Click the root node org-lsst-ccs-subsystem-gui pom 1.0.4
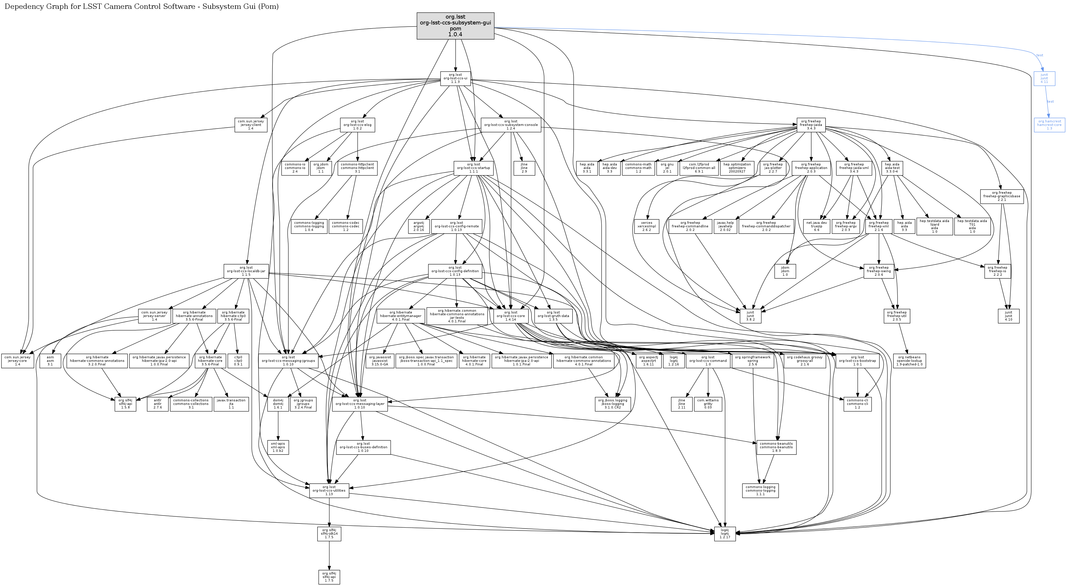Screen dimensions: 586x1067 point(455,26)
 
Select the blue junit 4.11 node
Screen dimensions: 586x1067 point(1044,78)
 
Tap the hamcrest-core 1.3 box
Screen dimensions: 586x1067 point(1049,125)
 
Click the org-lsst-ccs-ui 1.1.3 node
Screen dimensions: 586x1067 point(455,78)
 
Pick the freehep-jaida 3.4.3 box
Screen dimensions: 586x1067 point(811,125)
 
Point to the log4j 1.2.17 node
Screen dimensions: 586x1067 point(725,534)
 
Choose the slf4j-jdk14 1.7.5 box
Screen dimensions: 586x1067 point(329,534)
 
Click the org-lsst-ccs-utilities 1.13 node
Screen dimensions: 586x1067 point(329,490)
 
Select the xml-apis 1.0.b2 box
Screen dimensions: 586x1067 point(278,447)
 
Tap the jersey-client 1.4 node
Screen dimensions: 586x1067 point(251,125)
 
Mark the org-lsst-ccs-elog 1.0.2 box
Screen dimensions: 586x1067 point(357,125)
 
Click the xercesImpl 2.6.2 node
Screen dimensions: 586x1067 point(647,226)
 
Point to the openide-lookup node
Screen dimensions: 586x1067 point(909,361)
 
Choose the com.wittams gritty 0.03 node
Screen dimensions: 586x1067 point(708,404)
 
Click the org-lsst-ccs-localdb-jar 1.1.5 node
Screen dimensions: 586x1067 point(246,271)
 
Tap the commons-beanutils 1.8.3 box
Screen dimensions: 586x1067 point(776,447)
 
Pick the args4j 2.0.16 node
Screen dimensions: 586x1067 point(419,226)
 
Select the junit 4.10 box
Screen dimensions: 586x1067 point(1009,316)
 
